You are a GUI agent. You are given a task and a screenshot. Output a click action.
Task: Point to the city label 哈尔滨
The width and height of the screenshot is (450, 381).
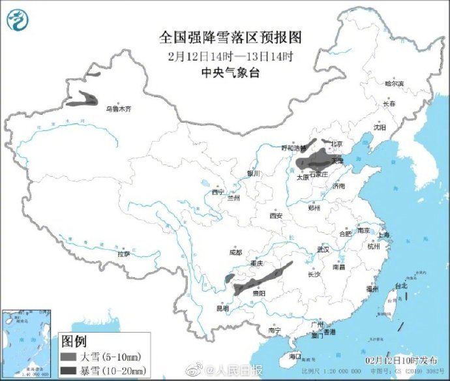394,84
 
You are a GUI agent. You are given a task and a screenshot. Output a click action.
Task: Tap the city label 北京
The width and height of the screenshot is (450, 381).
337,144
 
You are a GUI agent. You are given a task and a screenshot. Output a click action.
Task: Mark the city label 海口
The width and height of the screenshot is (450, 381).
295,356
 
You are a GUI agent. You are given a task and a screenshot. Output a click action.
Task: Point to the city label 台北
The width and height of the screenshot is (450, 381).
400,285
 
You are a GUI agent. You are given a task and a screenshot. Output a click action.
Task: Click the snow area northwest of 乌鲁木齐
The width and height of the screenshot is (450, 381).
82,100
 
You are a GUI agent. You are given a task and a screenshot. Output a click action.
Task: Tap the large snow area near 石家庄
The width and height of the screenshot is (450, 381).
318,160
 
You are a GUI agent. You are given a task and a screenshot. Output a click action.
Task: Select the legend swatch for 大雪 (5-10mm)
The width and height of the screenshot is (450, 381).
68,356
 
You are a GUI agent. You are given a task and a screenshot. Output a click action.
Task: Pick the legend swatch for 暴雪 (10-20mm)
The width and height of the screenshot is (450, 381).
68,371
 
